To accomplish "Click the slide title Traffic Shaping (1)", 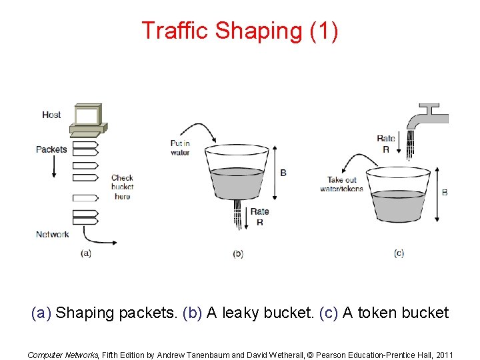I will (x=239, y=31).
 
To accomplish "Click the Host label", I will (x=51, y=115).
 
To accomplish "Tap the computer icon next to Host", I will (x=88, y=118).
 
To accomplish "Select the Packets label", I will (x=51, y=149).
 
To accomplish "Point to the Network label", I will (x=52, y=234).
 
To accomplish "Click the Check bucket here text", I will (x=122, y=187).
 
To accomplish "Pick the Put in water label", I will (x=180, y=147).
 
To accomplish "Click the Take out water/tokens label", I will (x=342, y=184).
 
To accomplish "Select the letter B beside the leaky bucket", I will (x=283, y=173).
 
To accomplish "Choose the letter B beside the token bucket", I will (x=445, y=193).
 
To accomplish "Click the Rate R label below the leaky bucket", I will (x=259, y=217).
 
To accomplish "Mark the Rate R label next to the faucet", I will (x=386, y=144).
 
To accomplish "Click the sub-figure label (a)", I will (x=85, y=253).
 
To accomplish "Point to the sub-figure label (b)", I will (x=238, y=253).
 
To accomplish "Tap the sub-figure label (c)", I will (x=399, y=253).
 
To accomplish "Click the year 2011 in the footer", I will (x=442, y=355).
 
